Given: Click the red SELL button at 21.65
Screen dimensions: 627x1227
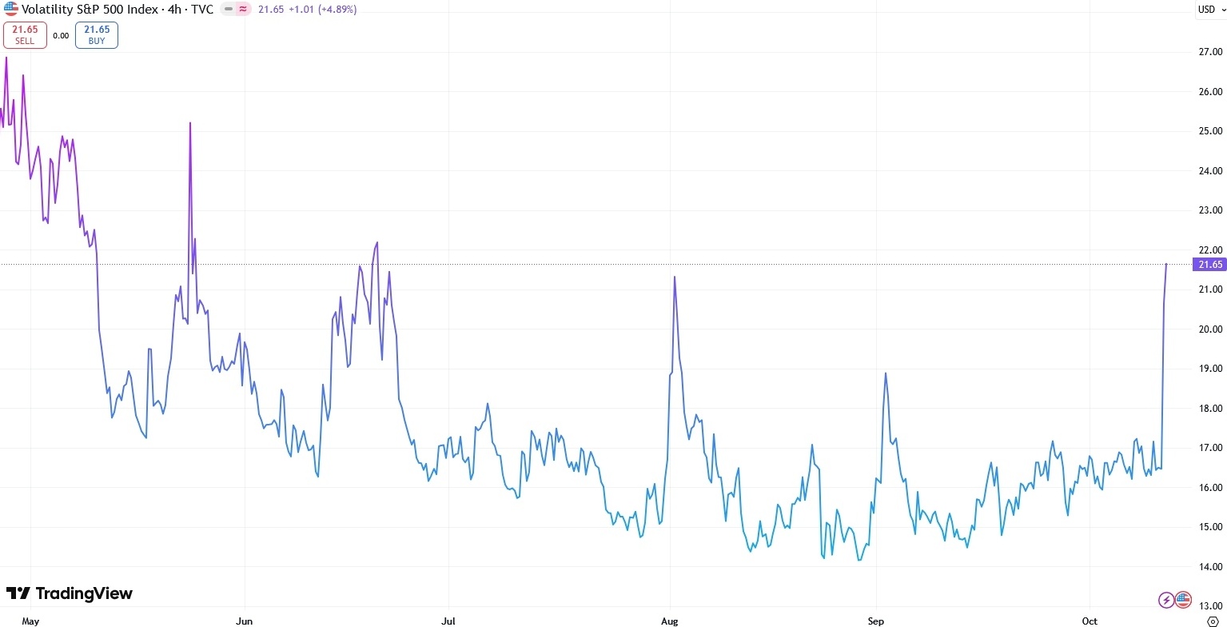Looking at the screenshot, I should [25, 35].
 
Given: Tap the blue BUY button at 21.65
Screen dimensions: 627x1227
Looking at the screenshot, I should [97, 35].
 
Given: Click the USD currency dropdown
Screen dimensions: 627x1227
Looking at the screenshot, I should [1209, 10].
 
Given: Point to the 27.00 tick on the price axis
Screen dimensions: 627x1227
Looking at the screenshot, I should [1209, 52].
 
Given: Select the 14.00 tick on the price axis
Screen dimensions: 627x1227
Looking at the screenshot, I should [1209, 567].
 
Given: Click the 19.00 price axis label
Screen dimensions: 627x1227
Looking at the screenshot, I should [1209, 369].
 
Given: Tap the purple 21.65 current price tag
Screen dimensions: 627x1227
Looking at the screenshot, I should [1207, 265].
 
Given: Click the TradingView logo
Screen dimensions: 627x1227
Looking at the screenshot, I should [70, 593].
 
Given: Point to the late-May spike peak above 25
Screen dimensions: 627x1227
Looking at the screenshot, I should [190, 123].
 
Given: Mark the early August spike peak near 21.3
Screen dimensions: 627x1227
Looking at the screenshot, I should [675, 277].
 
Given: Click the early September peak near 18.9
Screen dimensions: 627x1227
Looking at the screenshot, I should [886, 373].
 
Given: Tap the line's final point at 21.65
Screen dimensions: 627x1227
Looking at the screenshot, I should [1166, 264].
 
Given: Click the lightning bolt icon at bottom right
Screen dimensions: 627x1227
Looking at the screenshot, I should [1166, 600].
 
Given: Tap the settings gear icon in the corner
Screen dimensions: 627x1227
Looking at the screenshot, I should [1212, 621].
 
